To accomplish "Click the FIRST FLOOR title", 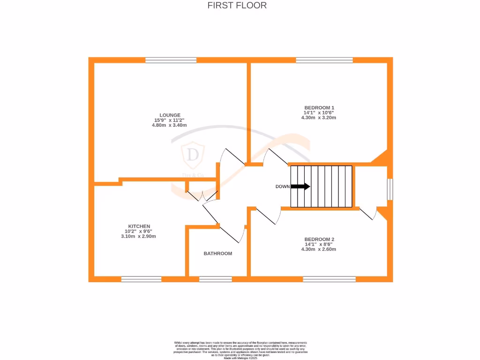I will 237,6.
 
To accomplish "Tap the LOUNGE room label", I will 170,115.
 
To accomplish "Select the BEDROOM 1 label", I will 319,107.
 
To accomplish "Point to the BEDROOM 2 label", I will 319,239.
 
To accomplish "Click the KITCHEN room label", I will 139,226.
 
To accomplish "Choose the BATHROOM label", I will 217,254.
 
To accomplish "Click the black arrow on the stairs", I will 300,186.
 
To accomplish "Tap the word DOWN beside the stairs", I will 282,187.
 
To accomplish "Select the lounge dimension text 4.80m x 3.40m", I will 170,125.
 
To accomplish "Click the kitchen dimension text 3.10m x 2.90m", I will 139,236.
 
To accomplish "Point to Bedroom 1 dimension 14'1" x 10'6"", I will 319,112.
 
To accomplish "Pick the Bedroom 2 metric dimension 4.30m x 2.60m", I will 319,249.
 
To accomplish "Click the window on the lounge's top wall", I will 171,60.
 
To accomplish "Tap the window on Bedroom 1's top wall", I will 324,60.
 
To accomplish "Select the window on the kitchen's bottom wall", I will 141,279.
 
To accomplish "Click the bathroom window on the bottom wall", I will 215,279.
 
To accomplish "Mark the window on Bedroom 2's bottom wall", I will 329,279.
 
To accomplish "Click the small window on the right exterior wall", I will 390,189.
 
